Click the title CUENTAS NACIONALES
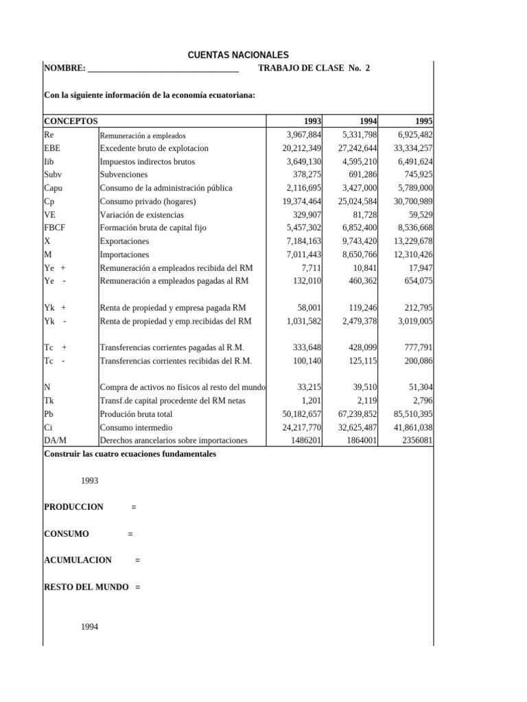[238, 55]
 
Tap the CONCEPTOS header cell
[71, 121]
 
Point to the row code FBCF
[54, 228]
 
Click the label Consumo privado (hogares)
[148, 202]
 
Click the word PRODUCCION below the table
[73, 507]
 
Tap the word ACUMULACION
[77, 560]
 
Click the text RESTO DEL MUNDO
[85, 587]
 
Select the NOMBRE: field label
[65, 69]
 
